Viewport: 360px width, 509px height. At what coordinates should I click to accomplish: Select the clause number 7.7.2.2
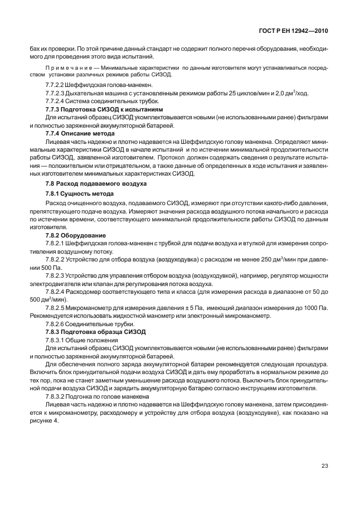[x=56, y=84]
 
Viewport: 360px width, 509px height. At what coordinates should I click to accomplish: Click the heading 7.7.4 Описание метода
[x=80, y=134]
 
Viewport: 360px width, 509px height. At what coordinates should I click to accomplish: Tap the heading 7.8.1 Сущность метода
[x=79, y=193]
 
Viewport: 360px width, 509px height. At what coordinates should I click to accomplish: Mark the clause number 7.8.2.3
[x=56, y=277]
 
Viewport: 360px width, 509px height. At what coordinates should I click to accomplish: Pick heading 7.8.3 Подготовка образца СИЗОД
[x=95, y=332]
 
